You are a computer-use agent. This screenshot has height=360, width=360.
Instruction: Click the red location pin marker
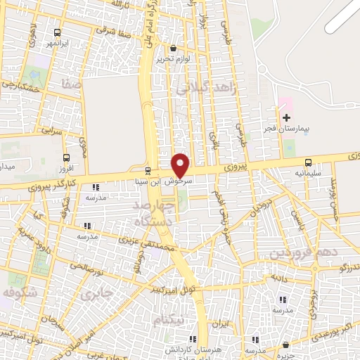(x=181, y=165)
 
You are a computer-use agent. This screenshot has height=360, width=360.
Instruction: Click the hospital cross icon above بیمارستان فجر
(x=286, y=117)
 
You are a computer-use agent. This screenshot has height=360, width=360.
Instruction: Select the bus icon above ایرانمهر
(x=58, y=32)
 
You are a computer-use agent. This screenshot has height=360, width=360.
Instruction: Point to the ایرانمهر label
(x=58, y=44)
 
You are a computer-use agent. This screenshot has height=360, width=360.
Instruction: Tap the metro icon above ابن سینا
(x=148, y=170)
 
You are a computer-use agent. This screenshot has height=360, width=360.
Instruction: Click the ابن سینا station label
(x=148, y=181)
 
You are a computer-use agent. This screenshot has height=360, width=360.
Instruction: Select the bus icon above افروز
(x=67, y=157)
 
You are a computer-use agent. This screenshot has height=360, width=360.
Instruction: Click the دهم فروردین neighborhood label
(x=304, y=252)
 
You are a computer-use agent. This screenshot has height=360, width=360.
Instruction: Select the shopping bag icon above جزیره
(x=286, y=345)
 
